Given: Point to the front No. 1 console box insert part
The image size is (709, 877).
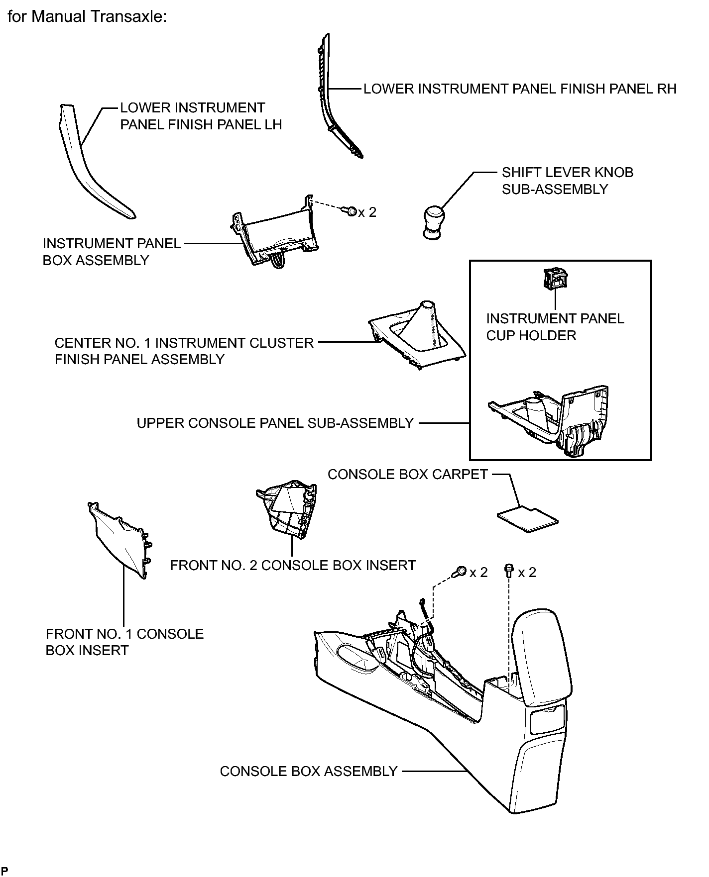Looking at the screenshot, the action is (119, 540).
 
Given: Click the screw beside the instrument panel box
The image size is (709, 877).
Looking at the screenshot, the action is (351, 211).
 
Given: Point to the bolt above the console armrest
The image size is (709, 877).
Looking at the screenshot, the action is (508, 571).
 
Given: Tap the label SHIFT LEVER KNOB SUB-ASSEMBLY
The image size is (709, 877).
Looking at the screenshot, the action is (567, 181).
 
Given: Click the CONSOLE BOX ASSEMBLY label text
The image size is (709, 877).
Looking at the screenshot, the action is (309, 771).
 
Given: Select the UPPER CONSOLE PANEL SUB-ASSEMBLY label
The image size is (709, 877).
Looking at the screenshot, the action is (275, 423).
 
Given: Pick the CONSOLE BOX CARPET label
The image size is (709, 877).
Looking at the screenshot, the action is (408, 474).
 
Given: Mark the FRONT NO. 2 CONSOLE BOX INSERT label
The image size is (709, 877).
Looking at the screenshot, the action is (293, 565).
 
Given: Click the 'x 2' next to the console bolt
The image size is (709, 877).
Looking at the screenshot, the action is (527, 572).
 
